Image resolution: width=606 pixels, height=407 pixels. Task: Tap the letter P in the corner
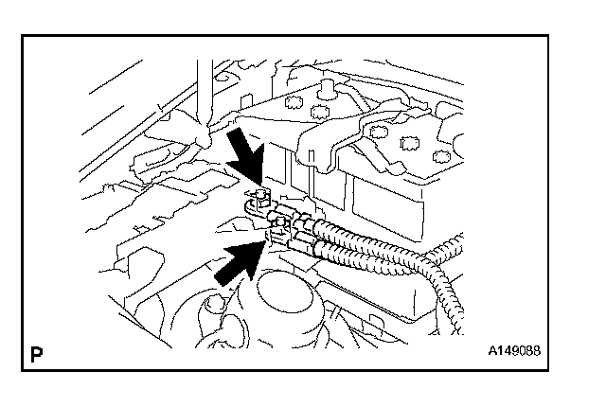point(37,355)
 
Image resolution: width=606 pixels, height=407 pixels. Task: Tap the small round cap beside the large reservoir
point(210,308)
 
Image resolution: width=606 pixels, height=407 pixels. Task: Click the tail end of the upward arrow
point(221,275)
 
